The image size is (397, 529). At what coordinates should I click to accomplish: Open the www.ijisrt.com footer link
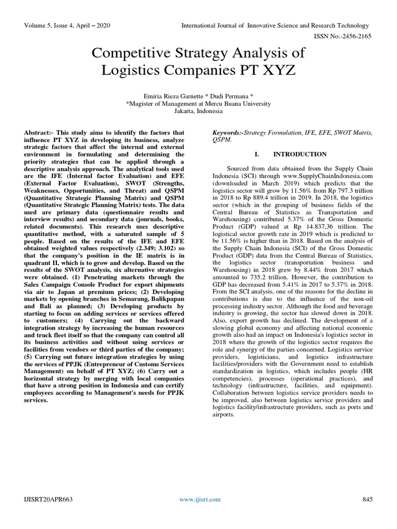click(200, 499)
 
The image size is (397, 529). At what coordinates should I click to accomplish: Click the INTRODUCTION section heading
click(300, 154)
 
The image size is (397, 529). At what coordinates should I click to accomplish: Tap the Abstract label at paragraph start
click(41, 133)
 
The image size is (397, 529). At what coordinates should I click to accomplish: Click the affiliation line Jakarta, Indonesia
click(198, 111)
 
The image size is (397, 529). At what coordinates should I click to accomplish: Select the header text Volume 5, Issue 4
click(52, 25)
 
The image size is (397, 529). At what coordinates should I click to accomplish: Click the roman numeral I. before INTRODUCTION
click(256, 154)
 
